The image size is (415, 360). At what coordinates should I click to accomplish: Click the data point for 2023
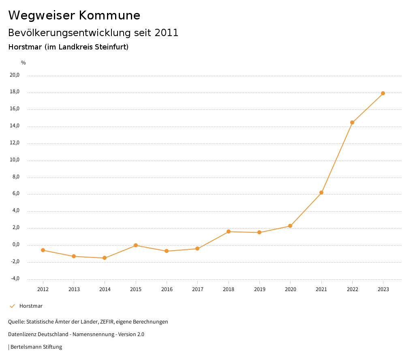[383, 93]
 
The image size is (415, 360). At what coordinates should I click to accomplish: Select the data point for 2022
[352, 122]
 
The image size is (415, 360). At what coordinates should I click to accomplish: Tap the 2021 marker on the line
[321, 193]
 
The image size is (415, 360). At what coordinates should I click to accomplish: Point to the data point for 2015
[136, 245]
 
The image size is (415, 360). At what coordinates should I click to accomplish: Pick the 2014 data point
[105, 258]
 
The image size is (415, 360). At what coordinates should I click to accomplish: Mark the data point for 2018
[229, 231]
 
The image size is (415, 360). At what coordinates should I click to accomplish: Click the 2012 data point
[43, 250]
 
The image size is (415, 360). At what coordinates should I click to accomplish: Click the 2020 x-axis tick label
[291, 289]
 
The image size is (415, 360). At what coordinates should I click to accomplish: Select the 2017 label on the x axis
[198, 289]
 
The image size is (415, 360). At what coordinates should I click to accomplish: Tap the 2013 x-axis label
[74, 289]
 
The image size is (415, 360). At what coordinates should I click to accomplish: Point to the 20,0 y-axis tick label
[15, 75]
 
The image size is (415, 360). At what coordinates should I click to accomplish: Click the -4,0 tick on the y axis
[15, 279]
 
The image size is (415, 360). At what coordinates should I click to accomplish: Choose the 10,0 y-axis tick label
[15, 160]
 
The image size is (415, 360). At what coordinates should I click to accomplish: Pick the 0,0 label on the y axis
[16, 244]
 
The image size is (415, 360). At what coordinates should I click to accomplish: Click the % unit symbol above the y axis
[24, 63]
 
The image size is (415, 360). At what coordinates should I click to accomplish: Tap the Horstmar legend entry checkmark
[12, 306]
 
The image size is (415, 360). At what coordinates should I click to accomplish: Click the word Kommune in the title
[109, 15]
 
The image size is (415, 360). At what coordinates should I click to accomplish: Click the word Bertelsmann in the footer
[26, 347]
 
